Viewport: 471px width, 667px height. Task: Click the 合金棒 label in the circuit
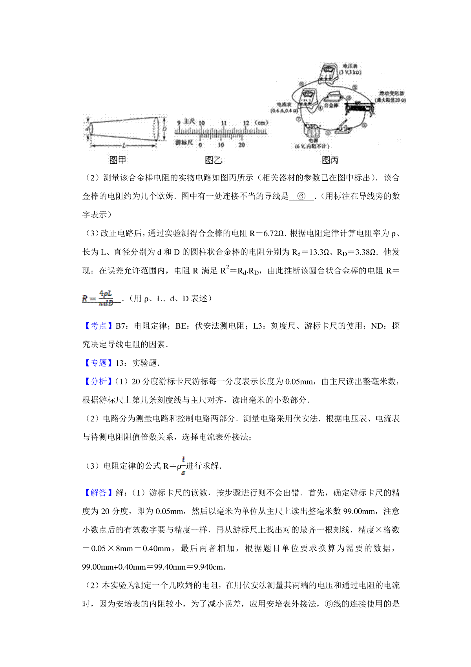331,105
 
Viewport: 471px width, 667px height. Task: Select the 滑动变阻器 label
391,93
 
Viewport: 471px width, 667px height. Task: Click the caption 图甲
117,160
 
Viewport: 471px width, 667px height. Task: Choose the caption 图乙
213,160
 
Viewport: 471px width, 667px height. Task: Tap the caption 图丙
330,160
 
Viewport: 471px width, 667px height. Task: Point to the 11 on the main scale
224,123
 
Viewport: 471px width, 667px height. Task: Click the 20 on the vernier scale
242,145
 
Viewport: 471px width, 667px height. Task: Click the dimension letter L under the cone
124,146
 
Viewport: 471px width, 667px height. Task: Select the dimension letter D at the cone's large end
164,128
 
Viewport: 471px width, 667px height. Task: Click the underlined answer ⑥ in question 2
301,196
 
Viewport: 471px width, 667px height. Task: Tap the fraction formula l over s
183,466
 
